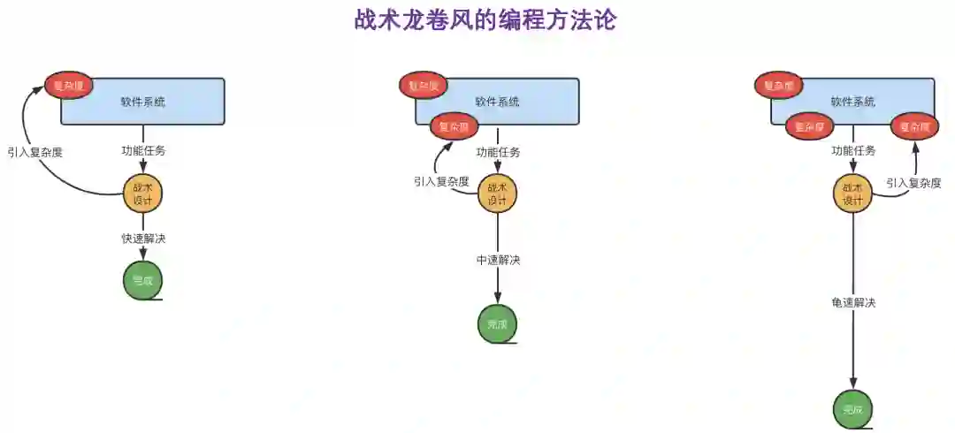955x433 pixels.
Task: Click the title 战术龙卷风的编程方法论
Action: [x=485, y=20]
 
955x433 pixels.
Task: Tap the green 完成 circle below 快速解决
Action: [x=142, y=281]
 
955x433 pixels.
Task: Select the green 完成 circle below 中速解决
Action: [x=497, y=324]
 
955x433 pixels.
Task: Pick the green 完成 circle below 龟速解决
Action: [x=852, y=409]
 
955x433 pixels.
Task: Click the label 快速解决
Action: [x=143, y=239]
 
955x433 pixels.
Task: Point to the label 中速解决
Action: [x=498, y=260]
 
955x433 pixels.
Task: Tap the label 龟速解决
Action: [x=853, y=303]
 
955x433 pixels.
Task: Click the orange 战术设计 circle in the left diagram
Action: [x=142, y=193]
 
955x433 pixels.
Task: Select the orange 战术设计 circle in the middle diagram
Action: [x=497, y=194]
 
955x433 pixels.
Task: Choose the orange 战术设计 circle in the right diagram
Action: [x=852, y=194]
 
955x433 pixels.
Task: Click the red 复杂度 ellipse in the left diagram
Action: [x=69, y=86]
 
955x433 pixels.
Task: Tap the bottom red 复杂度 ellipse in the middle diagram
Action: [x=455, y=127]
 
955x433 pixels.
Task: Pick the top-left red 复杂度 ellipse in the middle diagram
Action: [x=424, y=86]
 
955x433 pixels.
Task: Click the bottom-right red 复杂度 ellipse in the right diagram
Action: [x=914, y=127]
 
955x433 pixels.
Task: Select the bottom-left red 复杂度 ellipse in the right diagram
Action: [x=809, y=127]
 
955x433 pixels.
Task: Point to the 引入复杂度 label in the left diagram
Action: [x=35, y=152]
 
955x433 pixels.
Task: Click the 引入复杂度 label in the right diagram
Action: [x=913, y=183]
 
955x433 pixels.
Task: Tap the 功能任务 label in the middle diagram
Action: [x=498, y=152]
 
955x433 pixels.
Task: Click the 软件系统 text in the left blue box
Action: [x=143, y=102]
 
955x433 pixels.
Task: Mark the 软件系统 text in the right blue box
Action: [x=852, y=102]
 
